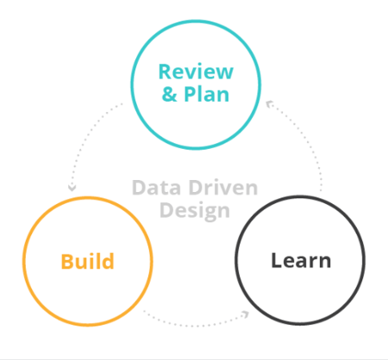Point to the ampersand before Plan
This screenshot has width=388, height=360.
tap(169, 94)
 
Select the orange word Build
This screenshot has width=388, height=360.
tap(87, 260)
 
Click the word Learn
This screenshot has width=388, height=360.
tap(300, 260)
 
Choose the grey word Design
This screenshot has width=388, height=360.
tap(194, 209)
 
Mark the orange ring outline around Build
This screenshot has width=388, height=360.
tap(23, 260)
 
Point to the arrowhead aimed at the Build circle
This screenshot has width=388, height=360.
tap(72, 187)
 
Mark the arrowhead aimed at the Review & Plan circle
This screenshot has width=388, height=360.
tap(269, 103)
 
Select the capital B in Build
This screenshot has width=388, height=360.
tap(66, 260)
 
